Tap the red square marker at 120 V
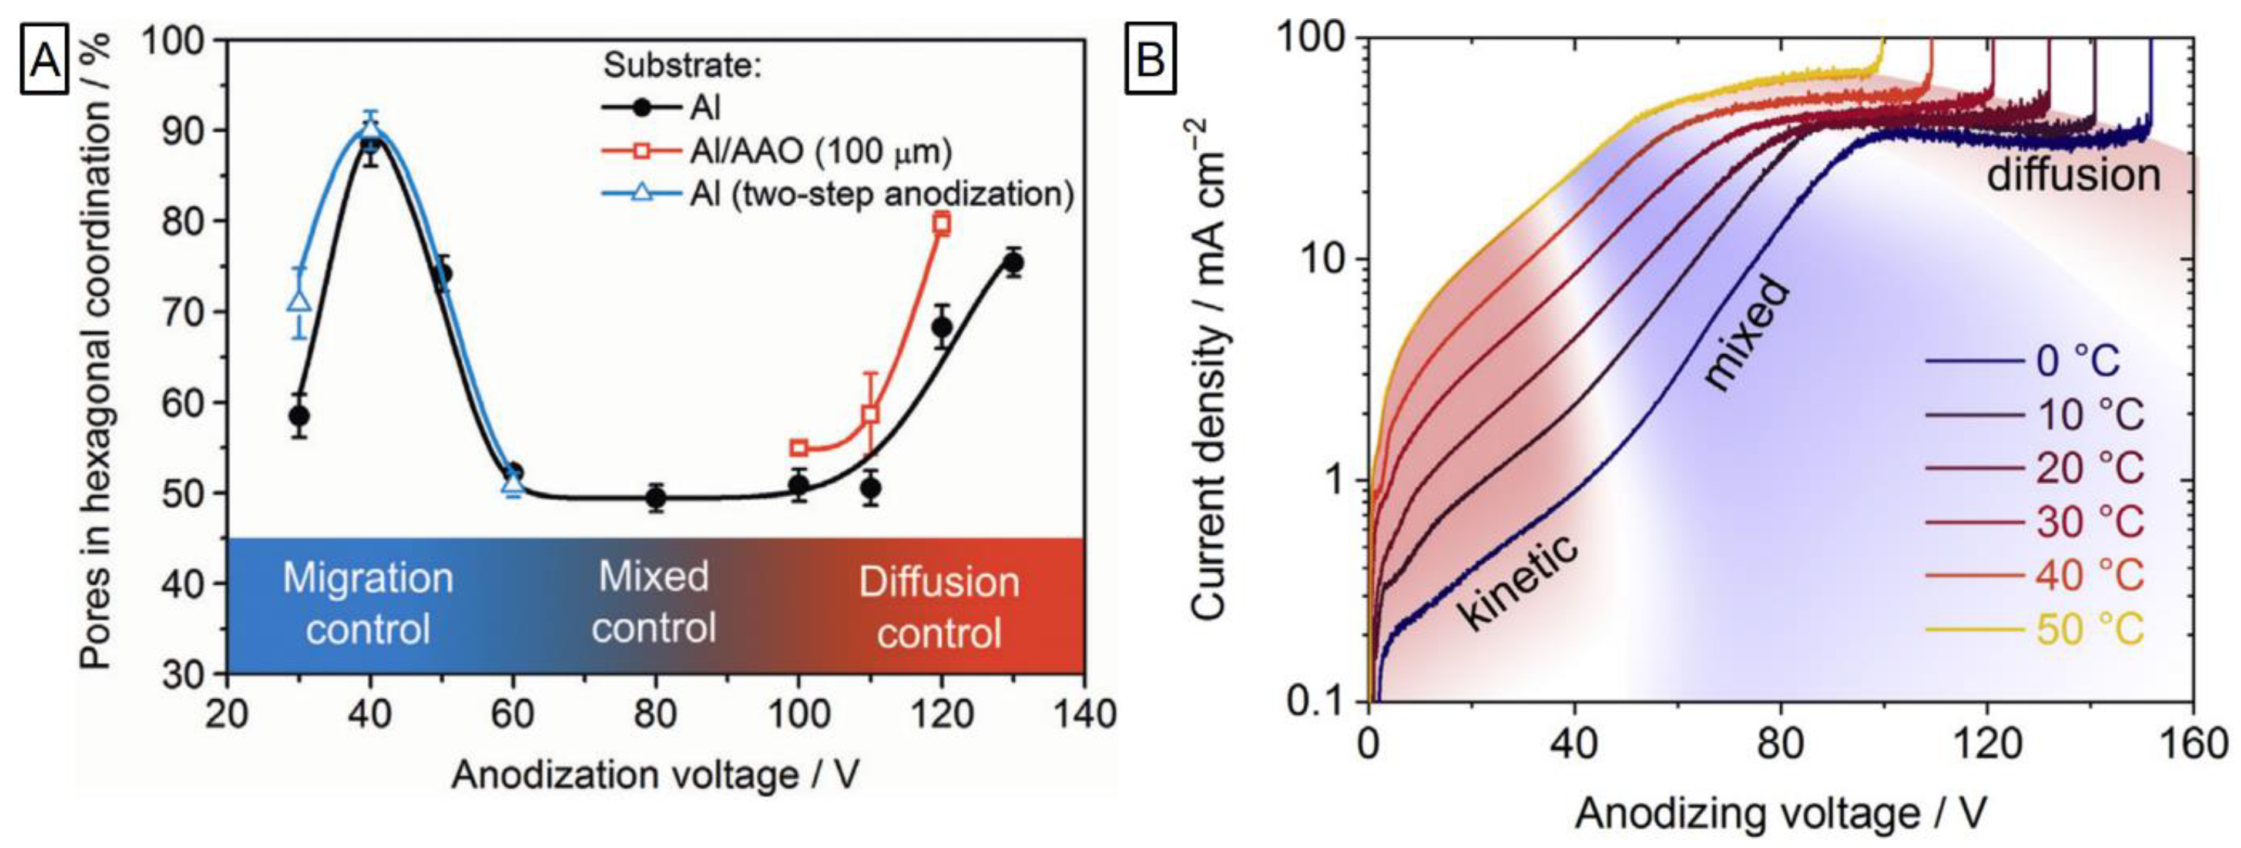pos(941,223)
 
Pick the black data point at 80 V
pos(656,498)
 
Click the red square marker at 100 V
pos(799,448)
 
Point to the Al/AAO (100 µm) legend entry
pos(820,152)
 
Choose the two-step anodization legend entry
pos(881,193)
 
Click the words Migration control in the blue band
pos(368,603)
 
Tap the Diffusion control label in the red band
pos(939,606)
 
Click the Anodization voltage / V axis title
pos(655,774)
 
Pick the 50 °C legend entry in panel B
pos(2088,629)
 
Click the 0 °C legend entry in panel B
pos(2078,361)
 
